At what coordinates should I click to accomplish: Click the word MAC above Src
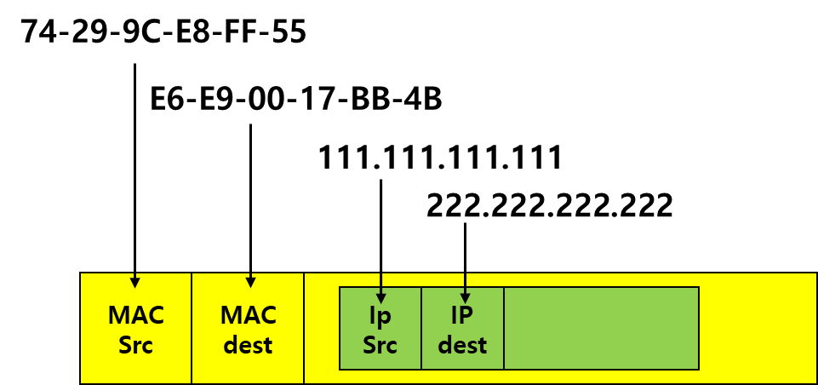coord(136,315)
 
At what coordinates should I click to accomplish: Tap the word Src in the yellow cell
coord(136,345)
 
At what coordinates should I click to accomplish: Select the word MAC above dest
coord(249,315)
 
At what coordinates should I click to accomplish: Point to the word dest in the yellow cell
coord(249,345)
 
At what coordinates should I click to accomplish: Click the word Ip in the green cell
coord(380,315)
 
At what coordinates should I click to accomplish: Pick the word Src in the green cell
coord(380,345)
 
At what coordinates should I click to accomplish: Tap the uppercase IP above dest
coord(462,315)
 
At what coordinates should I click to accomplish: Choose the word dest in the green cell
coord(462,345)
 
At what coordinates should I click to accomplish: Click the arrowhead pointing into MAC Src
coord(134,282)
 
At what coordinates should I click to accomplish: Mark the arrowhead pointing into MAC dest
coord(250,282)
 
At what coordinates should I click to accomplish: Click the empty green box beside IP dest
coord(601,329)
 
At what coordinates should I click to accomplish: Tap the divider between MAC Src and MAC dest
coord(192,329)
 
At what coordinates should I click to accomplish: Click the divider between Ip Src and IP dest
coord(421,329)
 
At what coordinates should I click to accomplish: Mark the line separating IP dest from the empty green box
coord(504,329)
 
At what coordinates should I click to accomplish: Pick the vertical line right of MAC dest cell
coord(304,329)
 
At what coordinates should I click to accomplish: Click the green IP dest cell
coord(462,362)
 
